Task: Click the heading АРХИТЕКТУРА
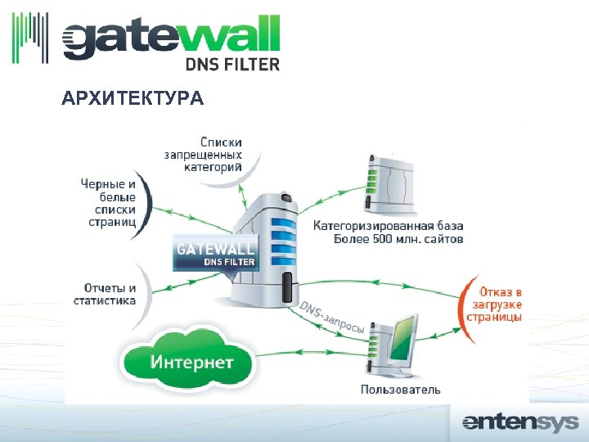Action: tap(133, 99)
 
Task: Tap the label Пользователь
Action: tap(400, 389)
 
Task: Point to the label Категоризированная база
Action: tap(388, 225)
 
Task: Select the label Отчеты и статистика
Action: tap(110, 294)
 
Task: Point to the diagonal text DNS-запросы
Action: tap(331, 318)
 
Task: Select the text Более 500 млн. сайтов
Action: tap(398, 240)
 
